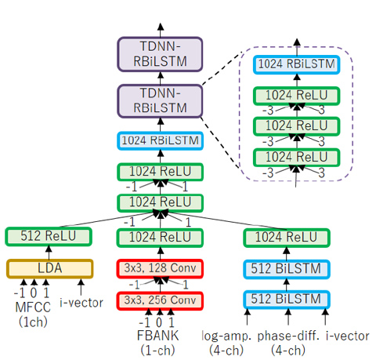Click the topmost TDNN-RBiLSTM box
click(160, 54)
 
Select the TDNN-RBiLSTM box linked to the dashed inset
click(160, 100)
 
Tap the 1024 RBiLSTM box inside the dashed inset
click(297, 64)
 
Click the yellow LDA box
click(49, 268)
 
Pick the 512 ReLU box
click(49, 236)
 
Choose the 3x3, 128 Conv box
click(160, 268)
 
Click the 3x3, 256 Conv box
click(160, 300)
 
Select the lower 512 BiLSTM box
click(287, 300)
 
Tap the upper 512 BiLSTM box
click(287, 269)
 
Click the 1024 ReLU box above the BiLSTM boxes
click(287, 238)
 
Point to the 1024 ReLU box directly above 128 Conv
click(160, 238)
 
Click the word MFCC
click(33, 307)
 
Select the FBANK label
click(158, 336)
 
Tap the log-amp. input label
click(226, 336)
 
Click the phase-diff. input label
click(288, 336)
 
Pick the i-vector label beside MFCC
click(81, 303)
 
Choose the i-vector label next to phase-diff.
click(348, 336)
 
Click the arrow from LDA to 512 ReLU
click(49, 253)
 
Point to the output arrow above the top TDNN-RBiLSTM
click(161, 30)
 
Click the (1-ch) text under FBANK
click(157, 350)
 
